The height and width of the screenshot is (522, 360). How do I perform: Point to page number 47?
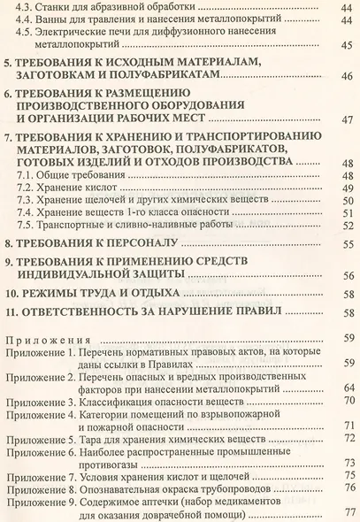click(347, 121)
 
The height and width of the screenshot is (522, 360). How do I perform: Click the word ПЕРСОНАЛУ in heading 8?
click(142, 242)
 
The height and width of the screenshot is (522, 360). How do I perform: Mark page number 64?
click(347, 388)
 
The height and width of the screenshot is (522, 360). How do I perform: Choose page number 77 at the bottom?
click(347, 511)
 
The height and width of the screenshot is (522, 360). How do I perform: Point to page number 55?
click(347, 242)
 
